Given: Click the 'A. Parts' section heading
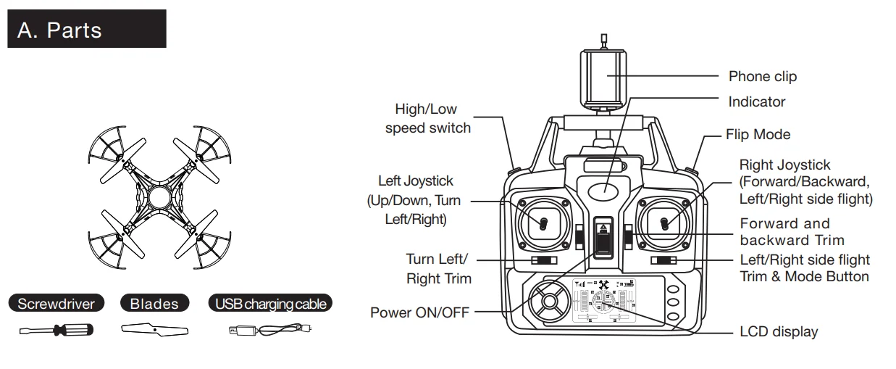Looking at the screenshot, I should tap(59, 30).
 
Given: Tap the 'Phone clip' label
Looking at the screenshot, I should tap(762, 76).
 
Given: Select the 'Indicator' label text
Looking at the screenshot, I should tap(756, 101).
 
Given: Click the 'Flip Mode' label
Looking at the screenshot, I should tap(758, 134).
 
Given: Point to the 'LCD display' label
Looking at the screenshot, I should tap(778, 332).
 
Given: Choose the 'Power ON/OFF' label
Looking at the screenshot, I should tap(419, 312).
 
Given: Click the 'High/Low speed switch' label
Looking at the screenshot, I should tap(427, 119).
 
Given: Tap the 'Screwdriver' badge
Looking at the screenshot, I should tap(56, 303).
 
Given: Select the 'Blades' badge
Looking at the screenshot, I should tap(154, 303).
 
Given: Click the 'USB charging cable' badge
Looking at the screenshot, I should tap(271, 303).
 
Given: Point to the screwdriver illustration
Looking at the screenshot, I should tap(56, 331).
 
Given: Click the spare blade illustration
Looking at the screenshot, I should tap(154, 331).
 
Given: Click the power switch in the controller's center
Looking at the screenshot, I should tap(603, 236).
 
